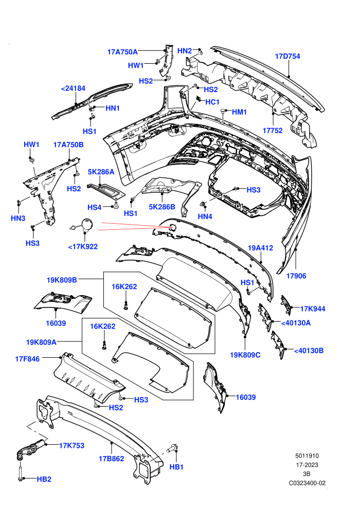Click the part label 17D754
tap(287, 56)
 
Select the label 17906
tap(296, 276)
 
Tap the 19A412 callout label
tap(260, 248)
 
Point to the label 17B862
tap(112, 459)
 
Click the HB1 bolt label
tap(176, 467)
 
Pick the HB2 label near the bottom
tap(44, 479)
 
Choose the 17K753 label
tap(71, 446)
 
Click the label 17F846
tap(27, 359)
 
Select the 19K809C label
tap(245, 355)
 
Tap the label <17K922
tap(83, 247)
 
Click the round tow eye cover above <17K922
tap(87, 224)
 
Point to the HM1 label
tap(239, 112)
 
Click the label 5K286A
tap(101, 172)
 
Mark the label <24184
tap(73, 88)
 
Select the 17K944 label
tap(313, 308)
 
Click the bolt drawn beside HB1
tap(172, 449)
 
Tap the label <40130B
tap(309, 351)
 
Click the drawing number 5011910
tap(307, 456)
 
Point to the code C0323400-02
tap(307, 483)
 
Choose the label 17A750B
tap(68, 145)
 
